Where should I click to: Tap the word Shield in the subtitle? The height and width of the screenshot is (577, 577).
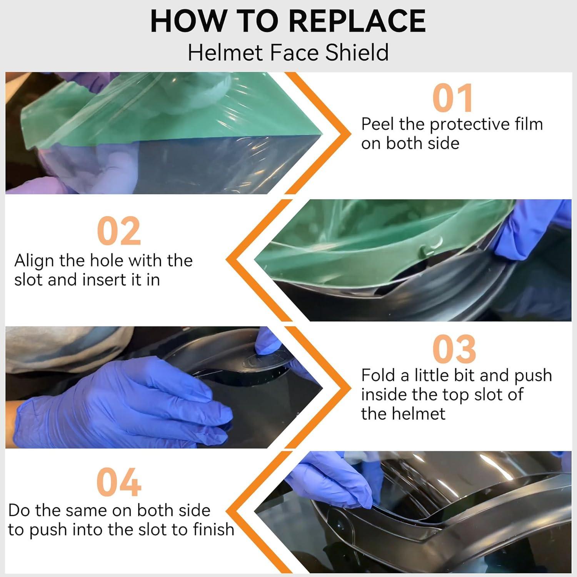click(357, 52)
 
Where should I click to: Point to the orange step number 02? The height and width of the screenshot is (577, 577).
click(119, 231)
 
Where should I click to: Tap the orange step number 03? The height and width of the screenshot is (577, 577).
click(454, 349)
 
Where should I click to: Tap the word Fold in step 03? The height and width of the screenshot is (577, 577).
click(378, 375)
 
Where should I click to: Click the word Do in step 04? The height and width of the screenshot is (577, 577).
click(19, 510)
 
